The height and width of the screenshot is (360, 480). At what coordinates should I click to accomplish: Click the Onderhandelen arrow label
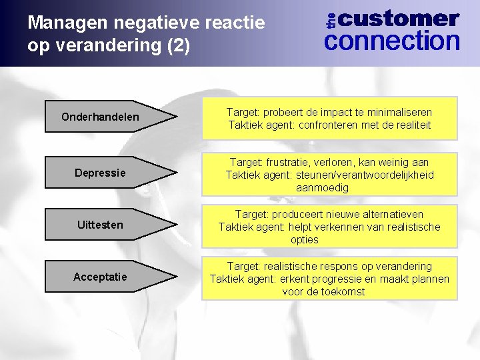click(x=101, y=117)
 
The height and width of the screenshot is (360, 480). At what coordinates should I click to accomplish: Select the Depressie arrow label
click(x=101, y=173)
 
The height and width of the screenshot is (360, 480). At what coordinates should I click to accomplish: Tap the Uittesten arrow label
click(x=101, y=225)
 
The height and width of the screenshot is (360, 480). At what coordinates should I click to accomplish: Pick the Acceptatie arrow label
click(x=101, y=277)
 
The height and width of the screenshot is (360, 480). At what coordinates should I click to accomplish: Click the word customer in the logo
click(x=403, y=19)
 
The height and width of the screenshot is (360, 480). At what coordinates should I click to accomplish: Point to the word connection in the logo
click(x=392, y=41)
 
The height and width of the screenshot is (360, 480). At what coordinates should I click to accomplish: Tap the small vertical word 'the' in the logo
click(x=332, y=19)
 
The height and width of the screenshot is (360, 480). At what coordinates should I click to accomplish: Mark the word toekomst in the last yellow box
click(x=343, y=291)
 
